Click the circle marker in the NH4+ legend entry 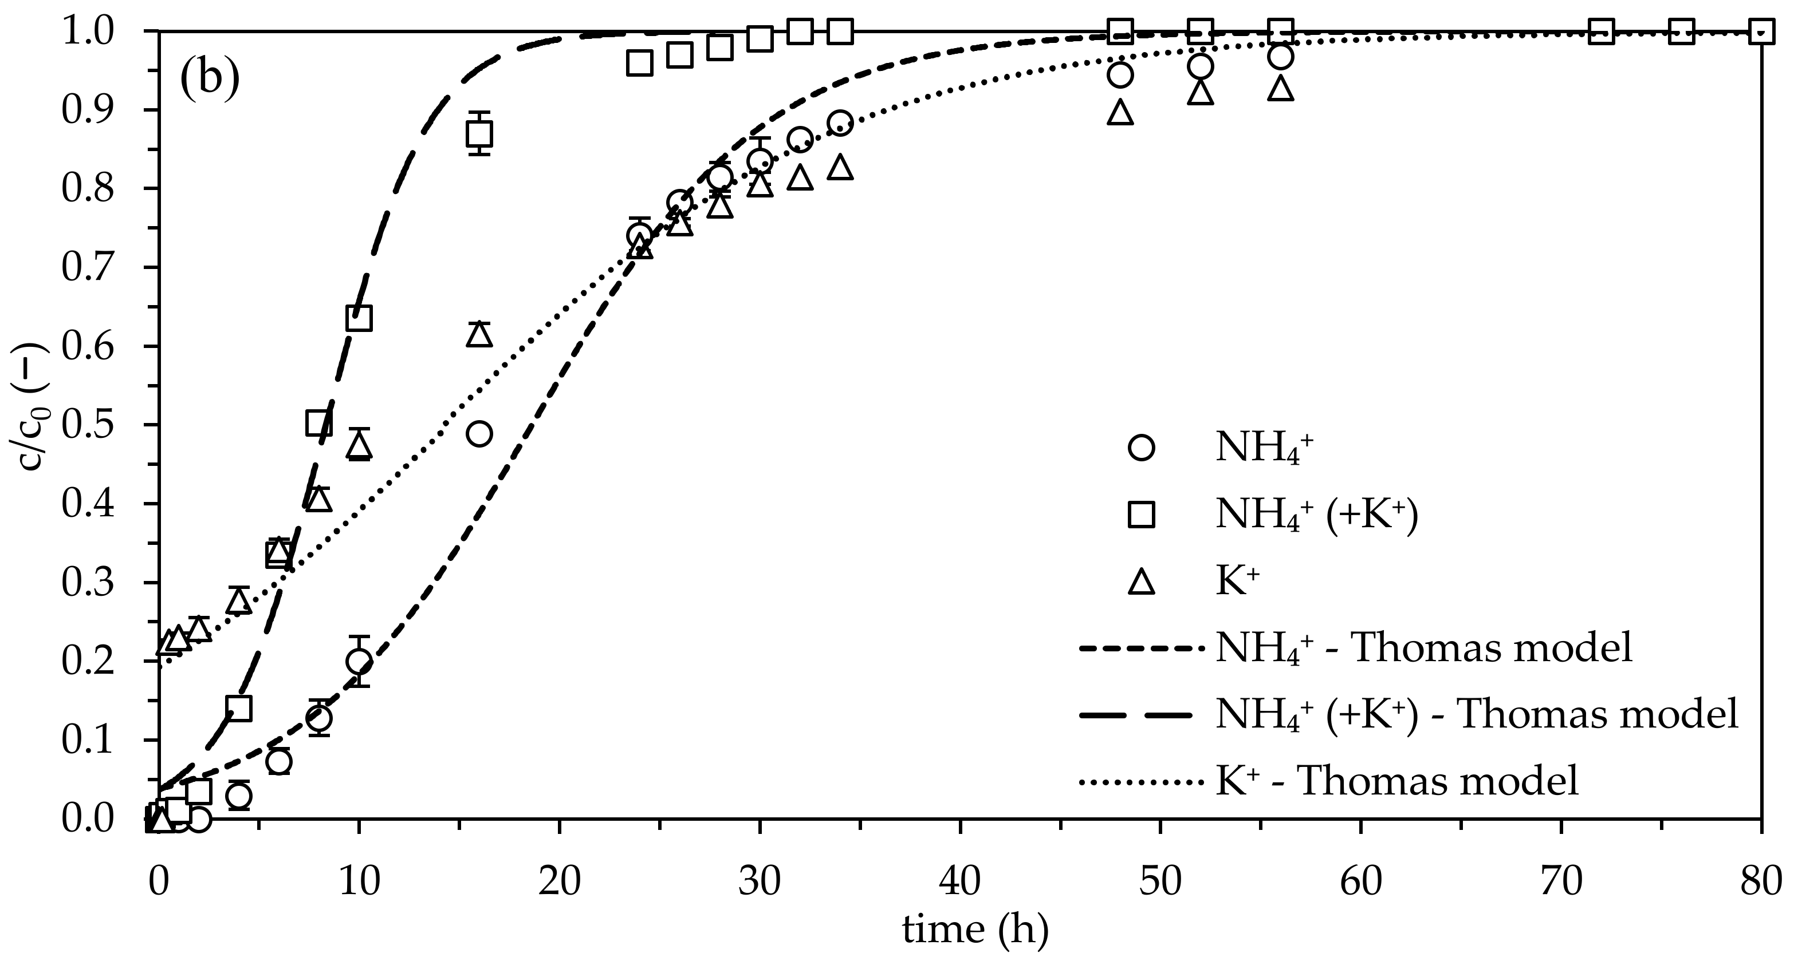click(x=1141, y=448)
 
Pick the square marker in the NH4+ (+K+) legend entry click(x=1141, y=515)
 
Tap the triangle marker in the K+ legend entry click(x=1141, y=582)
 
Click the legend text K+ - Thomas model click(x=1396, y=781)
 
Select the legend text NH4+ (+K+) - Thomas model click(x=1477, y=715)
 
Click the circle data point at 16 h click(x=479, y=434)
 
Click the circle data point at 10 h click(x=359, y=661)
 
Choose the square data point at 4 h click(x=239, y=709)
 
